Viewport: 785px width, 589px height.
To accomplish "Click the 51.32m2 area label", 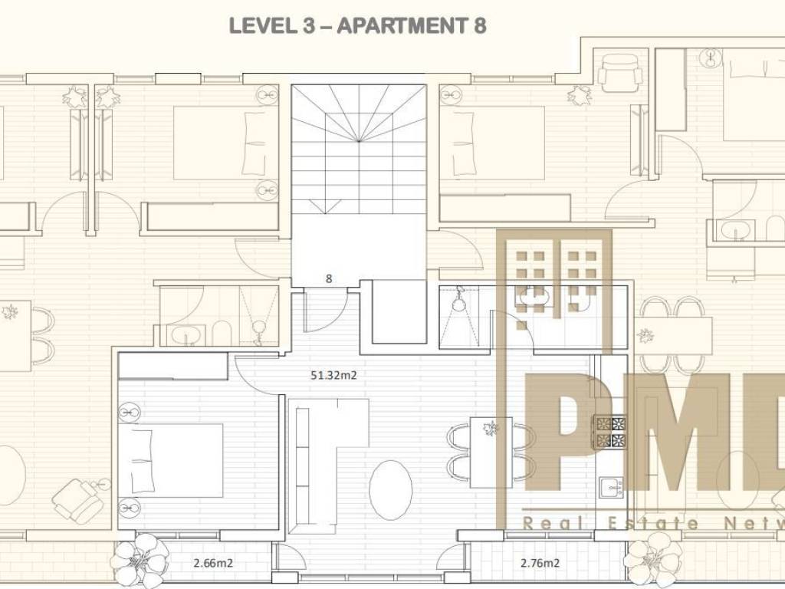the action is tap(333, 375).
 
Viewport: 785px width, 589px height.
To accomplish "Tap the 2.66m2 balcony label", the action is tap(213, 563).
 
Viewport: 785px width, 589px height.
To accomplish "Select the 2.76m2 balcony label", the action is tap(540, 563).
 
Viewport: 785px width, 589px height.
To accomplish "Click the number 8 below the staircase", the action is tap(328, 279).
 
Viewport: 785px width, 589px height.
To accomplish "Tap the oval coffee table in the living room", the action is tap(390, 490).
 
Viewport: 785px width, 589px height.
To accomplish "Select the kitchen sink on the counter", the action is tap(611, 487).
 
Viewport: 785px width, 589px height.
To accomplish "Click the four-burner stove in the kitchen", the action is tap(609, 432).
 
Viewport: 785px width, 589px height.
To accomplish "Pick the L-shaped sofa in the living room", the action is tap(315, 466).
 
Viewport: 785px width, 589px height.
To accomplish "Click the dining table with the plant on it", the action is tap(491, 452).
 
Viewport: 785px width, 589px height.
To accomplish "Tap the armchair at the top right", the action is tap(619, 73).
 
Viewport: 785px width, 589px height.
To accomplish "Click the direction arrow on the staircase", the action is tap(324, 206).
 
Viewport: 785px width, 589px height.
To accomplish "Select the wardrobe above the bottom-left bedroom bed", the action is tap(173, 366).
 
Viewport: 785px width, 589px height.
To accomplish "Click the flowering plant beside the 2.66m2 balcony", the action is tap(140, 559).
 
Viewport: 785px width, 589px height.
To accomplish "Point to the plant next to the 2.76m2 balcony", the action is tap(654, 559).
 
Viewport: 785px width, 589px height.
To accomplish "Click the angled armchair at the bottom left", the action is tap(76, 499).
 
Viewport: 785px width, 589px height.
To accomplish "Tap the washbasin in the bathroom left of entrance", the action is tap(186, 334).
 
